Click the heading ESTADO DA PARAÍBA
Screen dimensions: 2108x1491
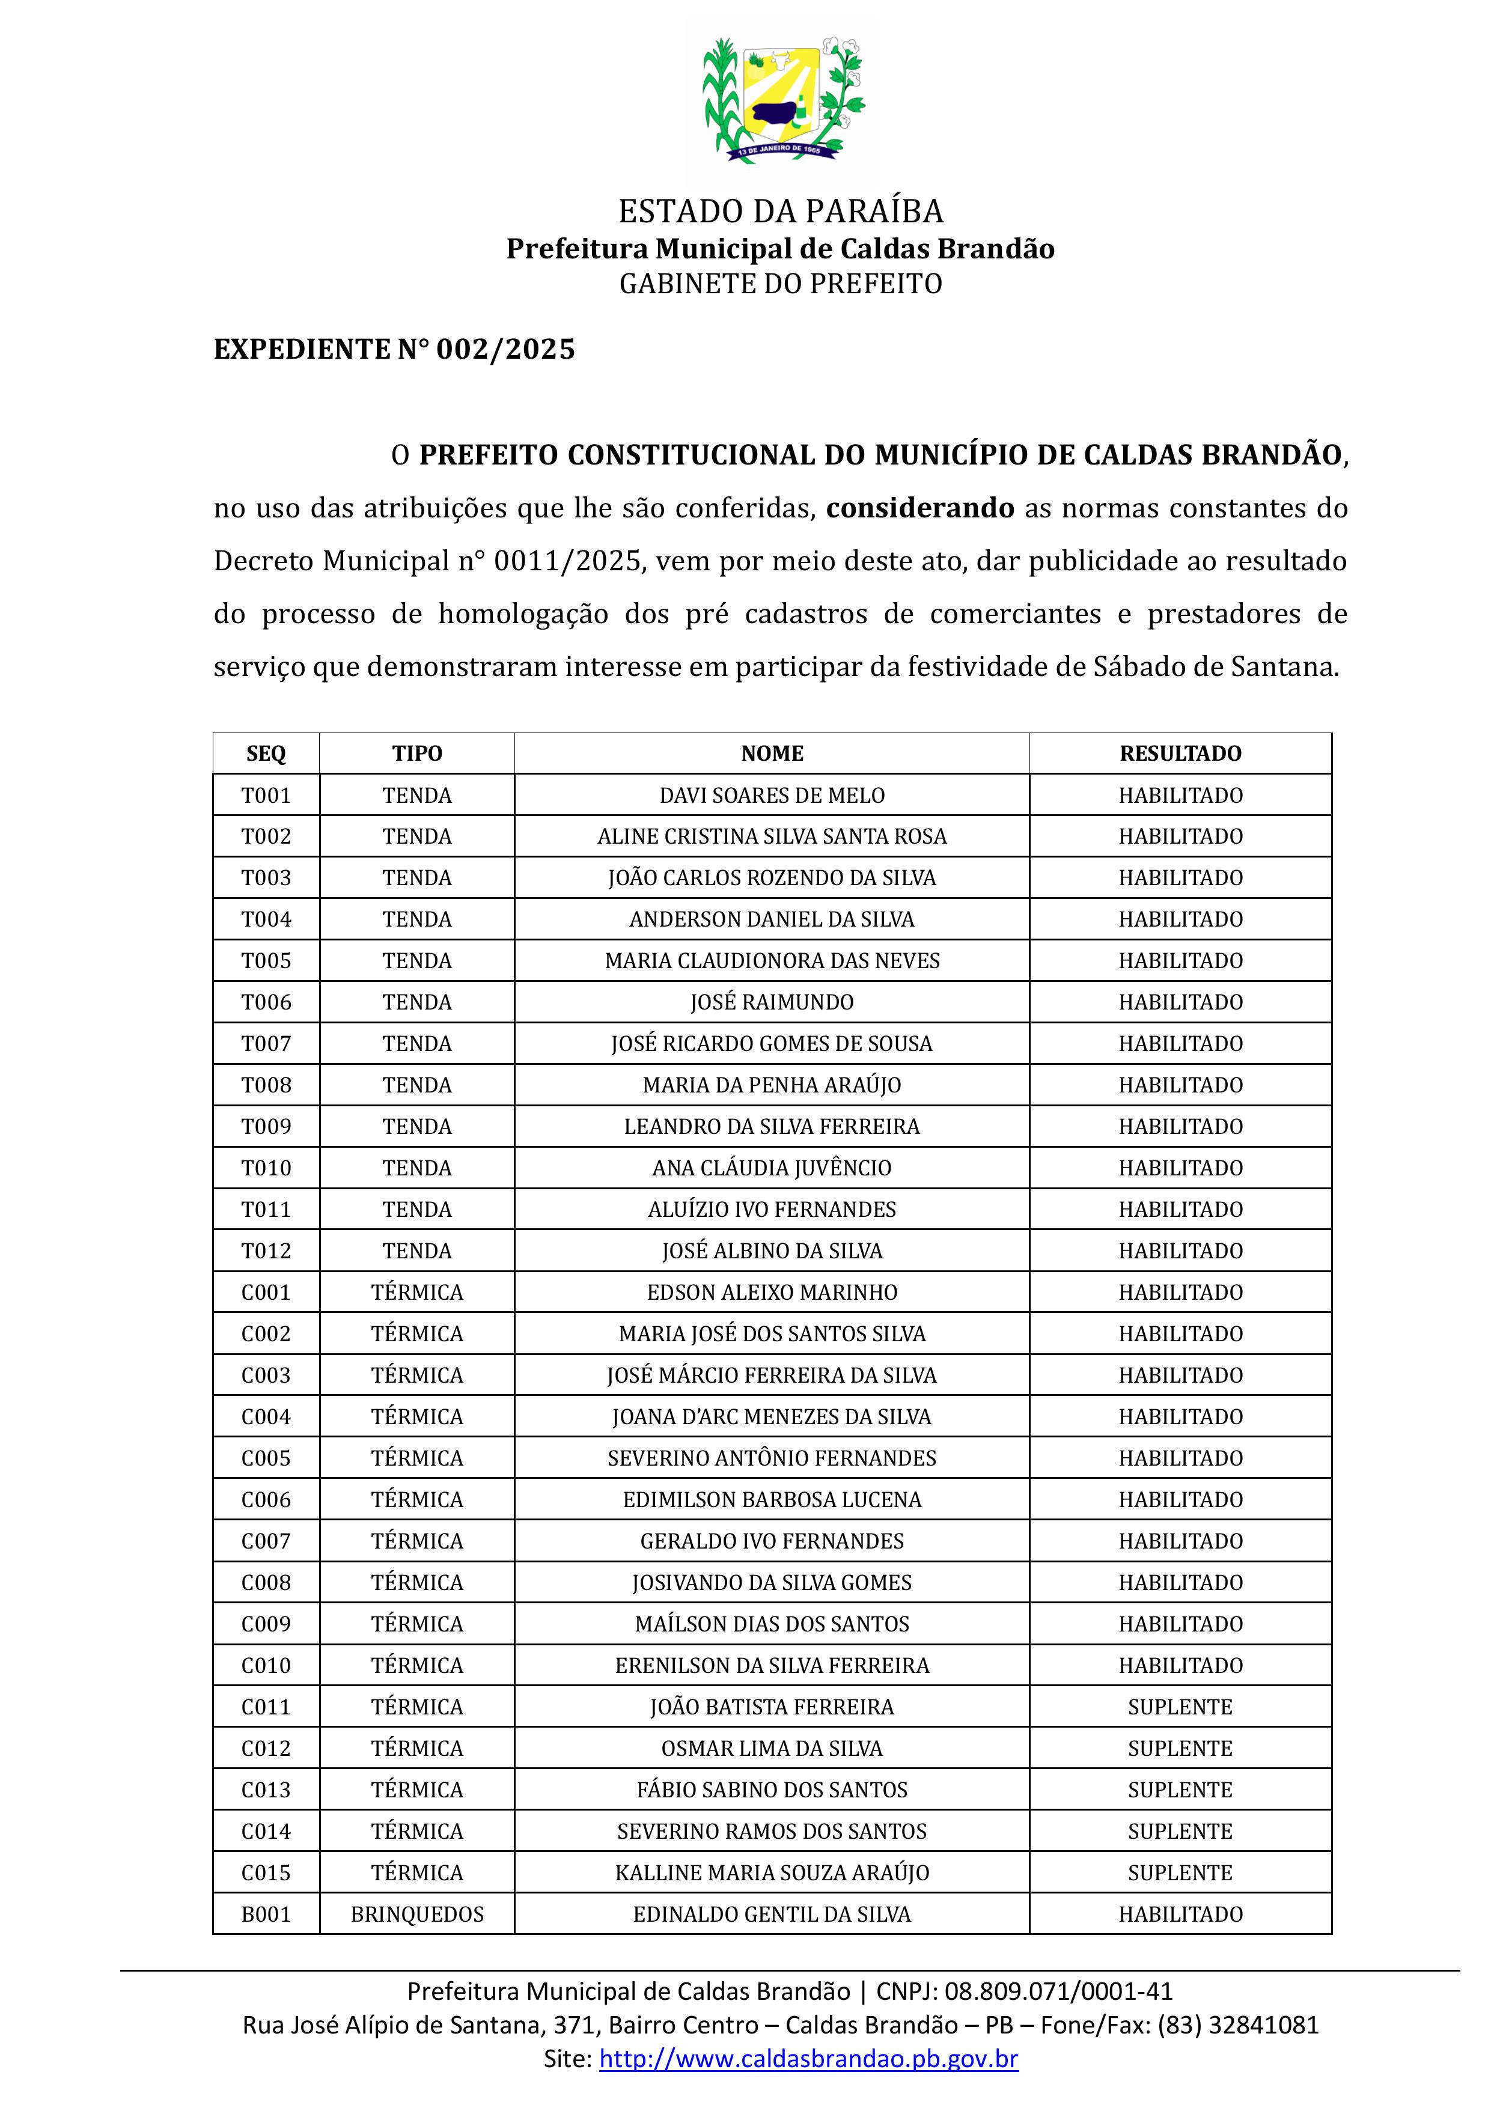coord(781,211)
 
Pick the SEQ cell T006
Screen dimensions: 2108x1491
coord(266,1002)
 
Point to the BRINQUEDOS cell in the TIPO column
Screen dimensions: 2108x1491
coord(417,1915)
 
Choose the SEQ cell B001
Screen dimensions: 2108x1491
coord(266,1915)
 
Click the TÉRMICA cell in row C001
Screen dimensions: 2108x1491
coord(417,1293)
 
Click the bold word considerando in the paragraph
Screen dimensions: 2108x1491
coord(920,508)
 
